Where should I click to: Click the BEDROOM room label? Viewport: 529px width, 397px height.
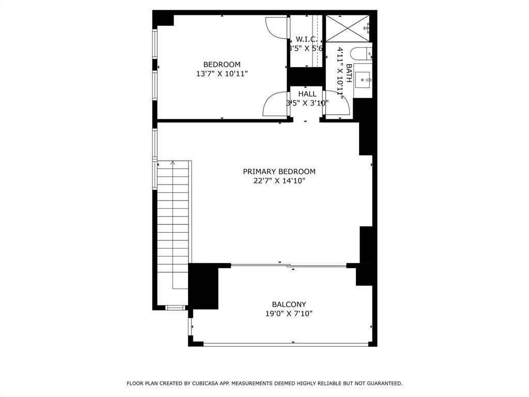222,65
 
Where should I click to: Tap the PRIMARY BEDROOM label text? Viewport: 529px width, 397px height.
279,172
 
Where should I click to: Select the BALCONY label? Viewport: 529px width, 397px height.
289,304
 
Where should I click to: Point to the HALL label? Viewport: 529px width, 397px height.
307,94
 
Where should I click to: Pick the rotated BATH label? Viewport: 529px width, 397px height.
349,73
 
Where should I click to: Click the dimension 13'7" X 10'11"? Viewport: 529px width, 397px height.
222,74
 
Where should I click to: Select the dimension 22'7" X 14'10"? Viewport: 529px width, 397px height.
279,181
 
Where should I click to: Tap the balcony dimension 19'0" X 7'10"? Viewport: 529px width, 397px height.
289,314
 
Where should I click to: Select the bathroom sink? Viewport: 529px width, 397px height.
363,80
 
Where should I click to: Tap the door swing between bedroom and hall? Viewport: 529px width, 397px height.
275,104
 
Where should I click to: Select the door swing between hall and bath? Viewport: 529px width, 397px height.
337,103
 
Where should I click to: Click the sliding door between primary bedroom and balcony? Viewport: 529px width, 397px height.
288,266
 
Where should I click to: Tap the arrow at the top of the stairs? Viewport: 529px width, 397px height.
173,163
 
